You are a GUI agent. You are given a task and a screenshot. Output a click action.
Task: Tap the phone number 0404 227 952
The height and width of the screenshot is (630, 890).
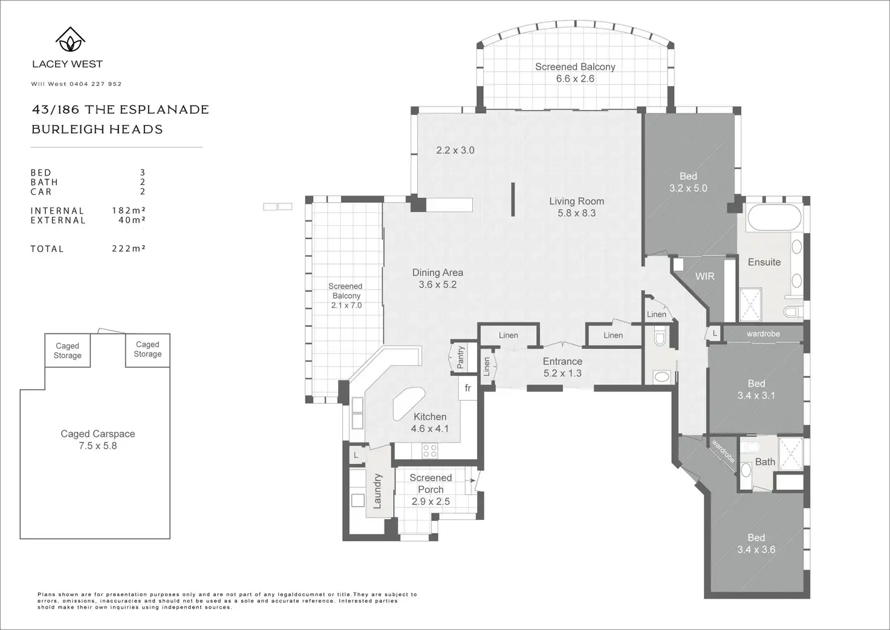96,84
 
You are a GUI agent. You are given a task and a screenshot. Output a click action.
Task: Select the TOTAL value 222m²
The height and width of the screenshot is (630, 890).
128,249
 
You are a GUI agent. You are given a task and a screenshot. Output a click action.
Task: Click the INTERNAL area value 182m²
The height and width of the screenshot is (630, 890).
128,211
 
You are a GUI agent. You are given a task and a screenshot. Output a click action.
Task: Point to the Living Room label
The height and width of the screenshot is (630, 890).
577,202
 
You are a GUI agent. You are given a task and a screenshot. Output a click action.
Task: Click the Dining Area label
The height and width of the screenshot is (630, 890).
438,272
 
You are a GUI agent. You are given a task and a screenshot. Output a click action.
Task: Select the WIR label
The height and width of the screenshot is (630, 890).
705,276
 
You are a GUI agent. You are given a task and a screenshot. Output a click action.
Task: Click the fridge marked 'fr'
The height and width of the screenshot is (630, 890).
467,388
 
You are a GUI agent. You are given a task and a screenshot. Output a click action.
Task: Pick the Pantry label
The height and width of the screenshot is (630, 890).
461,357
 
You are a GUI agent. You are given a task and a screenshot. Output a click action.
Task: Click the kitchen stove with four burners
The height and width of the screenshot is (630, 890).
430,451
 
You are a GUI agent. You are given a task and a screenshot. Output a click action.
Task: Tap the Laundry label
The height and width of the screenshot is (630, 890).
377,491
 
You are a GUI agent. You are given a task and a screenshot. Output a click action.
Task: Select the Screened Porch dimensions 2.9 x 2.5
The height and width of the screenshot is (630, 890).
430,502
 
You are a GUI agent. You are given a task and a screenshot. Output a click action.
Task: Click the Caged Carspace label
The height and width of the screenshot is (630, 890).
98,434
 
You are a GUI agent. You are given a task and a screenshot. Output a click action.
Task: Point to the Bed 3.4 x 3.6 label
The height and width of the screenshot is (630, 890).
756,543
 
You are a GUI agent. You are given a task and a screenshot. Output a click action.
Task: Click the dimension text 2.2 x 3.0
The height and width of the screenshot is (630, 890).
455,150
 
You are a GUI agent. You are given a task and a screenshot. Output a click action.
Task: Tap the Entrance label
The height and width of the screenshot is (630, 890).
563,361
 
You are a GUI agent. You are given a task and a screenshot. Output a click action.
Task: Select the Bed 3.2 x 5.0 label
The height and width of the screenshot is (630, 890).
688,182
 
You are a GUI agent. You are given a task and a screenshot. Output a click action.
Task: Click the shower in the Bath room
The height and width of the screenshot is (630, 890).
791,454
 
